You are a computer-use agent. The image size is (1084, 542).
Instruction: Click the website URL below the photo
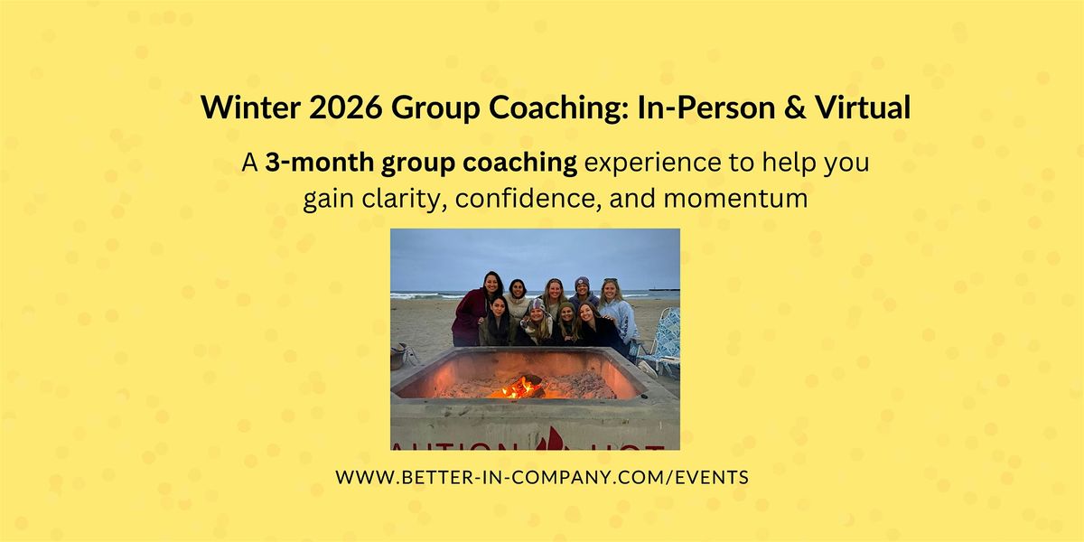(x=542, y=477)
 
